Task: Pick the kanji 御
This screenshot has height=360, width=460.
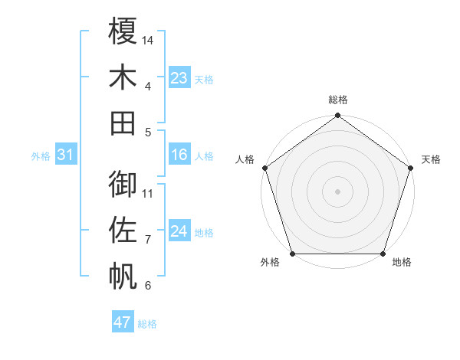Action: [123, 184]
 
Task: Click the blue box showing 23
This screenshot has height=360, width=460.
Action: [179, 78]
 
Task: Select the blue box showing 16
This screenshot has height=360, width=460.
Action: [179, 155]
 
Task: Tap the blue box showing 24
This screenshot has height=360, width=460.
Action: [179, 232]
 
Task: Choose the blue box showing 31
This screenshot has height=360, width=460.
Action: [66, 155]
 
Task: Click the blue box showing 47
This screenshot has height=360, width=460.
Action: [123, 322]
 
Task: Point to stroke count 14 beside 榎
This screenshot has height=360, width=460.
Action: [148, 40]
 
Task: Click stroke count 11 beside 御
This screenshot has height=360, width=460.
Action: [148, 193]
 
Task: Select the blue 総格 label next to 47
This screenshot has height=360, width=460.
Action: [147, 324]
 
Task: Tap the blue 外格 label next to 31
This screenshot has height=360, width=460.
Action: [41, 156]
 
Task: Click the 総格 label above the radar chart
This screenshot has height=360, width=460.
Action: [337, 100]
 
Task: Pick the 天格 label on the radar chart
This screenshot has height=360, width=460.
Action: [431, 159]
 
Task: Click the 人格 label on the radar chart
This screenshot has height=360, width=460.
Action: [245, 159]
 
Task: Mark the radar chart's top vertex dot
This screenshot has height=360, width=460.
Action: [337, 116]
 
